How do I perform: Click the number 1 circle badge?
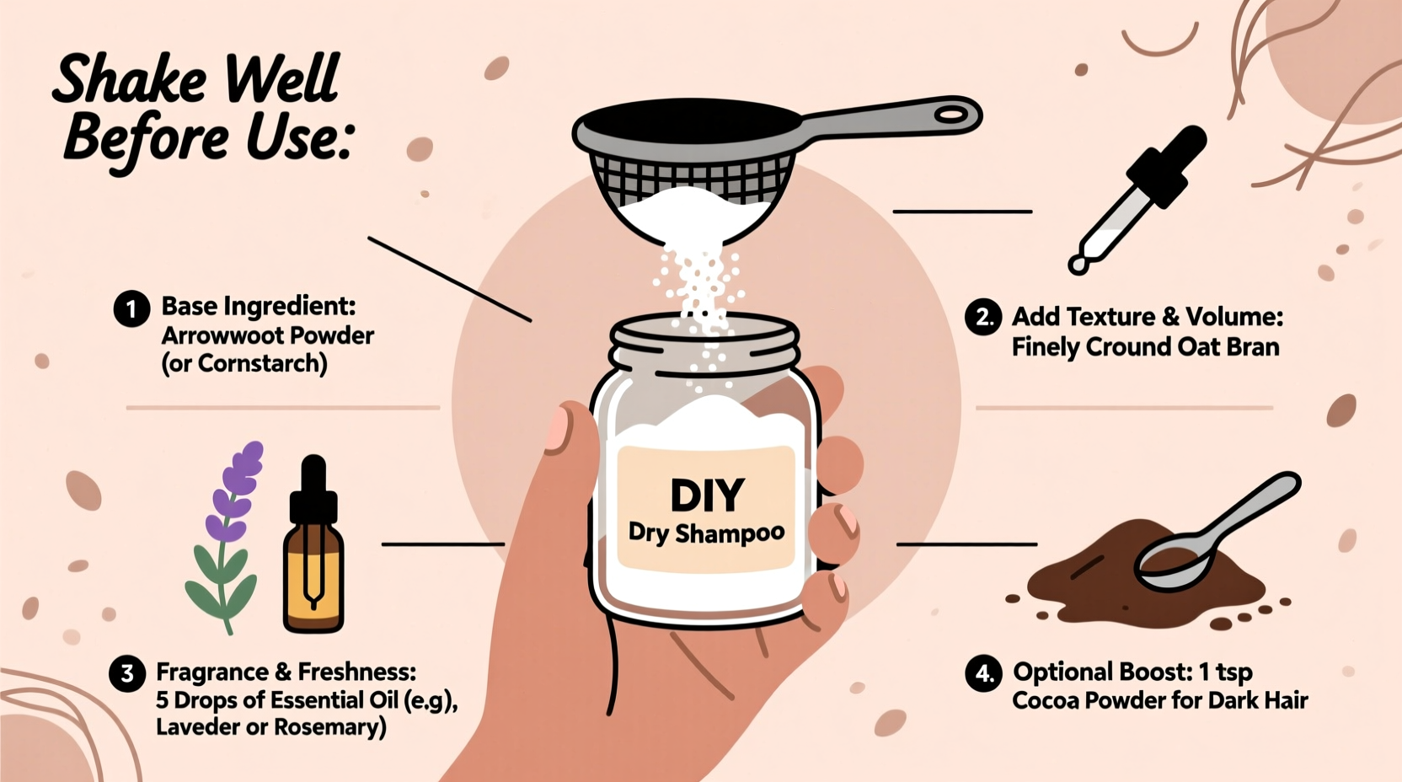(131, 309)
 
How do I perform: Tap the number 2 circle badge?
(982, 318)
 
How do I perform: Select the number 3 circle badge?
(126, 674)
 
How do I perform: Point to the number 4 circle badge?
(982, 674)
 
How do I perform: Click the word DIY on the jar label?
(707, 495)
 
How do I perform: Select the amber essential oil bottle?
(313, 573)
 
